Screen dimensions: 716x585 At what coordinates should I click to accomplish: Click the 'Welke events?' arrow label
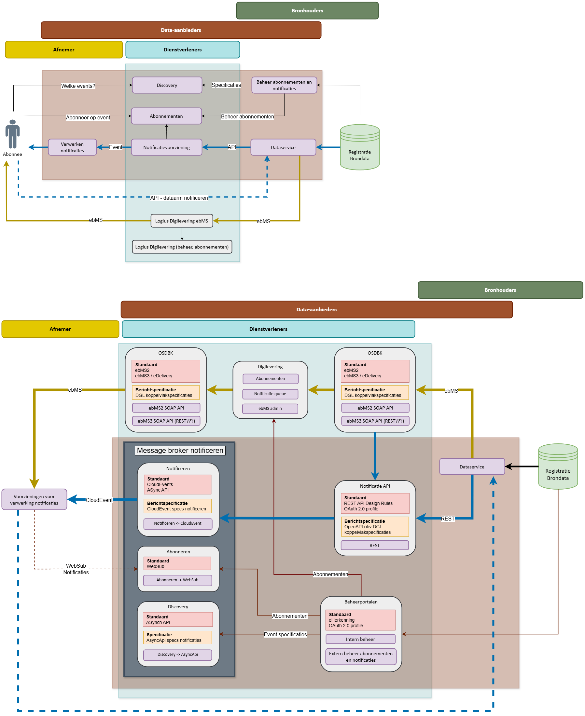point(78,86)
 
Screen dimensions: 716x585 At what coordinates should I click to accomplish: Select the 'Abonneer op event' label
point(88,117)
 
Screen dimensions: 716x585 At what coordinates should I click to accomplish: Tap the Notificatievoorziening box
point(166,147)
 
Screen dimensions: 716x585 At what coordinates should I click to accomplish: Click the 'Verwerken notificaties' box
point(72,147)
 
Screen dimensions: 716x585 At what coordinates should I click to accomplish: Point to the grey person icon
point(12,134)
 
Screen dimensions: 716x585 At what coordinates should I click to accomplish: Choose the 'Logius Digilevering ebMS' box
point(182,221)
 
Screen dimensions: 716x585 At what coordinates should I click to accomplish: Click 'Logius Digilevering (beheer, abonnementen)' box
point(182,247)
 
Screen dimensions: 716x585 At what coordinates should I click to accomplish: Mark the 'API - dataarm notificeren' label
point(179,198)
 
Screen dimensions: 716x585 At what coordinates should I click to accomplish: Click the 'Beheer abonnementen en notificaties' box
point(284,85)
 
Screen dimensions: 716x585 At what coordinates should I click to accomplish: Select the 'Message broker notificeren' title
point(180,450)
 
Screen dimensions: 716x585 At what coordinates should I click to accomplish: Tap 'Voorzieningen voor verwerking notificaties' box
point(34,499)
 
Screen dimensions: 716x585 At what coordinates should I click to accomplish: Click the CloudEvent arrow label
point(99,500)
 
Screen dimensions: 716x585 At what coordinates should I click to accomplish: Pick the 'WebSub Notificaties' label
point(76,569)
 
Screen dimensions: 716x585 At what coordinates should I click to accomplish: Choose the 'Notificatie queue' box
point(270,394)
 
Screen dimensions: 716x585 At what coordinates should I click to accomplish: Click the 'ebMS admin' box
point(270,409)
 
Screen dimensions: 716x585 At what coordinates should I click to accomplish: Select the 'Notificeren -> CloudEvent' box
point(178,523)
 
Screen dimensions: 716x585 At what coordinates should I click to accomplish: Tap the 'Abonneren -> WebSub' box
point(177,580)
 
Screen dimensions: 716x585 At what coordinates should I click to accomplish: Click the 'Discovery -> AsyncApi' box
point(178,655)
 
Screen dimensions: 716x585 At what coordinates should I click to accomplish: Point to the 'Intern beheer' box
point(360,639)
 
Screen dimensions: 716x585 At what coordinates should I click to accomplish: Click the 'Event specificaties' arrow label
point(285,634)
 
